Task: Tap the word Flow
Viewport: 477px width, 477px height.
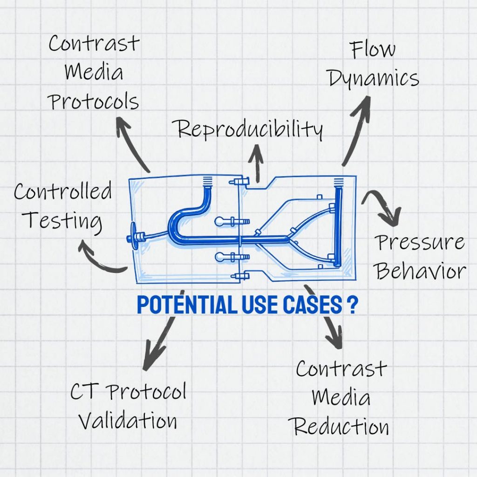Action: point(373,49)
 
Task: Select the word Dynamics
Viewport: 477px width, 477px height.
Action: point(374,78)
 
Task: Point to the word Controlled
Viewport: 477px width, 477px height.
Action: point(63,191)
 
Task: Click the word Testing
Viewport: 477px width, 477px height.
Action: point(62,220)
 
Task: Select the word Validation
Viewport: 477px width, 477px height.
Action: point(128,420)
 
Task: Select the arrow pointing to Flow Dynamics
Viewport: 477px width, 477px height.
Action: point(357,130)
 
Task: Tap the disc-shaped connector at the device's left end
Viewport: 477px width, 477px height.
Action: point(133,236)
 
